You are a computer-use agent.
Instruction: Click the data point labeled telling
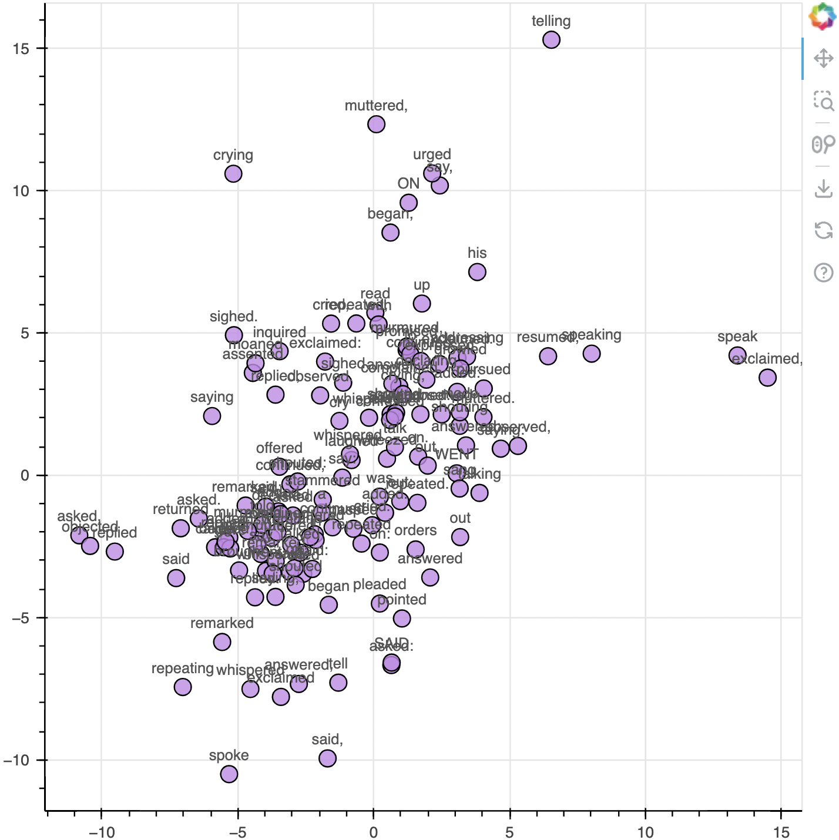point(551,40)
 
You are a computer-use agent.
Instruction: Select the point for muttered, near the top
point(376,125)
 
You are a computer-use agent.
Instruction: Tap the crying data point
point(233,174)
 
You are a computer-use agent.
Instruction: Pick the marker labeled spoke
point(229,774)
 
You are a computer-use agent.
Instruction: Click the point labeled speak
point(737,355)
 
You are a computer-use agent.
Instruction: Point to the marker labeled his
point(477,272)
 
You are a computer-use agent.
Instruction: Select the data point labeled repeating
point(183,687)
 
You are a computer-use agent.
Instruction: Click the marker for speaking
point(592,354)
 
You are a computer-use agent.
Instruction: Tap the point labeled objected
point(90,546)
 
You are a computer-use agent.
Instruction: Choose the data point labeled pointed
point(402,618)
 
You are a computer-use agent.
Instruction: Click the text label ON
point(408,184)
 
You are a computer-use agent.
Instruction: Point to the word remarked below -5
point(222,623)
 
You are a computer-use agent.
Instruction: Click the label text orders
point(415,530)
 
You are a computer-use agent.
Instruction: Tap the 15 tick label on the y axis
point(21,48)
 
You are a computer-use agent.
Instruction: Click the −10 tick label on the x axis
point(101,832)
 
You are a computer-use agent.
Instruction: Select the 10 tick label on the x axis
point(645,832)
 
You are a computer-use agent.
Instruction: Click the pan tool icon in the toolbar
point(824,59)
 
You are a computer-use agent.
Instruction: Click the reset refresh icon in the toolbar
point(824,230)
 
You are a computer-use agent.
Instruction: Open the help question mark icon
point(824,273)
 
